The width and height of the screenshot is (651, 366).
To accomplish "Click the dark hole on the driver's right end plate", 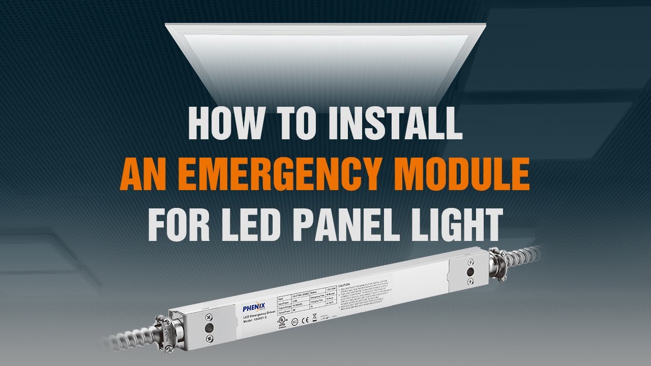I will pyautogui.click(x=469, y=272).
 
